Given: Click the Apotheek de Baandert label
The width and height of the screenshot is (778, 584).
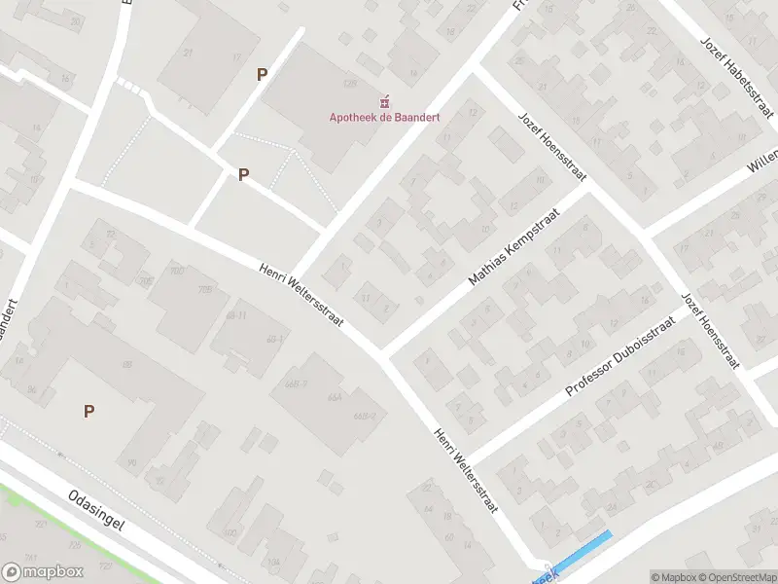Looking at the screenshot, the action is click(383, 118).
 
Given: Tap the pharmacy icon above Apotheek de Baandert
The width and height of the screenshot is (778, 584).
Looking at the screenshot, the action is click(383, 101).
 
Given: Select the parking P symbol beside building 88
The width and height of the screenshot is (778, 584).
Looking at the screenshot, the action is click(88, 411).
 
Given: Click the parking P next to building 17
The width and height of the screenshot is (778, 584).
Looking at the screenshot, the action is click(262, 74).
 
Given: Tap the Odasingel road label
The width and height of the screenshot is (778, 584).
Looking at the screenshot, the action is click(98, 510).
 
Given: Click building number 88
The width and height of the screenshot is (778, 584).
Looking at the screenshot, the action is click(126, 365).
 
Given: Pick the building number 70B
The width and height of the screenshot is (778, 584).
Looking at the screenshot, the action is click(205, 289).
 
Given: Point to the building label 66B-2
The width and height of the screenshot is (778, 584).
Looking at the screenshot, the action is click(366, 417).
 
